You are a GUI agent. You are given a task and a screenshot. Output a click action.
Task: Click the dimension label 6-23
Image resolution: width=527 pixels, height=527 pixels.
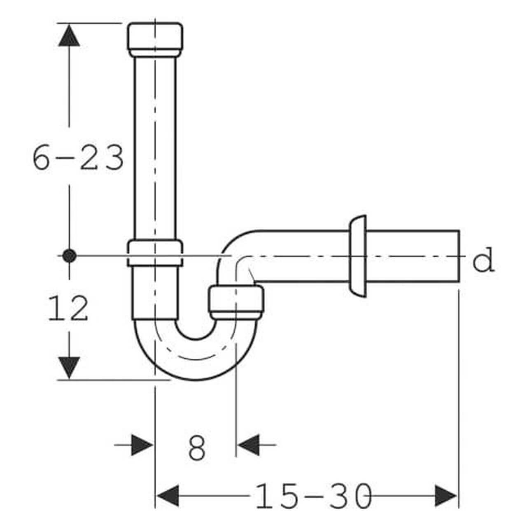pyautogui.click(x=78, y=158)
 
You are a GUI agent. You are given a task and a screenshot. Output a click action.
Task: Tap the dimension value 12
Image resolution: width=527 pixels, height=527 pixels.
pyautogui.click(x=68, y=308)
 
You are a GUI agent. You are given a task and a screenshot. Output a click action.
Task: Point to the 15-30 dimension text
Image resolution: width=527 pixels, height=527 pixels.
pyautogui.click(x=314, y=496)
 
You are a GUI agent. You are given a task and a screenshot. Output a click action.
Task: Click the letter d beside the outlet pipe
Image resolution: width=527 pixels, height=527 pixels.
pyautogui.click(x=484, y=259)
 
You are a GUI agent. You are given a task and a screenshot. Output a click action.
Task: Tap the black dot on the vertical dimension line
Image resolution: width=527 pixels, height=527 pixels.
pyautogui.click(x=69, y=256)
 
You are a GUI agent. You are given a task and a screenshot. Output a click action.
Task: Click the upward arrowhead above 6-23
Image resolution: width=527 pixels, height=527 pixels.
pyautogui.click(x=69, y=35)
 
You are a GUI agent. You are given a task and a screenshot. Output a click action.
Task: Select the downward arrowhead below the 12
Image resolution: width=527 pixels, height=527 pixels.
pyautogui.click(x=69, y=368)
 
